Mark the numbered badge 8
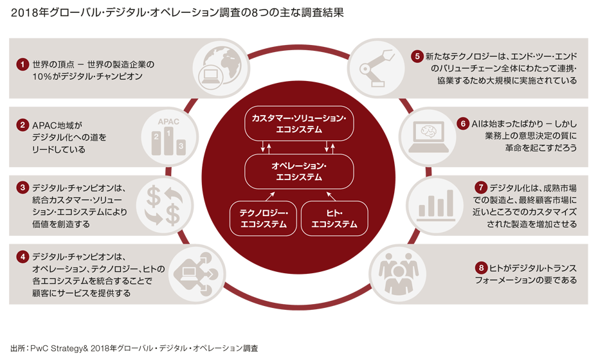pyautogui.click(x=480, y=267)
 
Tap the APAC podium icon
pyautogui.click(x=167, y=136)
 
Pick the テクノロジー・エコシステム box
pyautogui.click(x=263, y=218)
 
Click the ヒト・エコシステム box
pyautogui.click(x=334, y=218)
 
